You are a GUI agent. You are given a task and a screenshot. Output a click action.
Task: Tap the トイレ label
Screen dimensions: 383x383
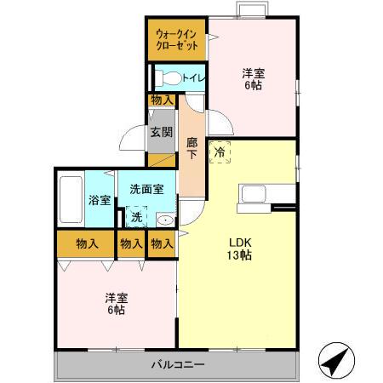coord(194,77)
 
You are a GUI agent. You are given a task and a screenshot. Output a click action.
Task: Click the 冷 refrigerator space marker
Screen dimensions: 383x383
coord(220,152)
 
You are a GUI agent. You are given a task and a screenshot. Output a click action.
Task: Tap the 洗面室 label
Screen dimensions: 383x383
coord(146,189)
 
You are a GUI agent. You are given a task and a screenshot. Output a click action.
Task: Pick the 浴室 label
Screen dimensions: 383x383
coord(100,201)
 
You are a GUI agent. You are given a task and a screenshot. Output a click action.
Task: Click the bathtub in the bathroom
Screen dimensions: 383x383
coord(71,199)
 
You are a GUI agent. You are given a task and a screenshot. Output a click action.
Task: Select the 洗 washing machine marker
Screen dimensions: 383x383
coord(136,217)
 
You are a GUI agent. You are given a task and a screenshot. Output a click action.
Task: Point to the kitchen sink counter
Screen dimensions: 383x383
coord(255,195)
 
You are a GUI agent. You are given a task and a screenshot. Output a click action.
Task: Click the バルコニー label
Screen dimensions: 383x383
coord(177,364)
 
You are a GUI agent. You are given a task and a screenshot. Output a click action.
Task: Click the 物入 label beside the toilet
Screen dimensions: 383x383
coord(162,100)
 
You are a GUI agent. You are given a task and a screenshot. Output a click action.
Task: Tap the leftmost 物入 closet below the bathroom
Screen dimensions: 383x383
coord(88,244)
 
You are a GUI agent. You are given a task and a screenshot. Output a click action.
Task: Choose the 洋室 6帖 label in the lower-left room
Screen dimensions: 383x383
coord(116,304)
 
